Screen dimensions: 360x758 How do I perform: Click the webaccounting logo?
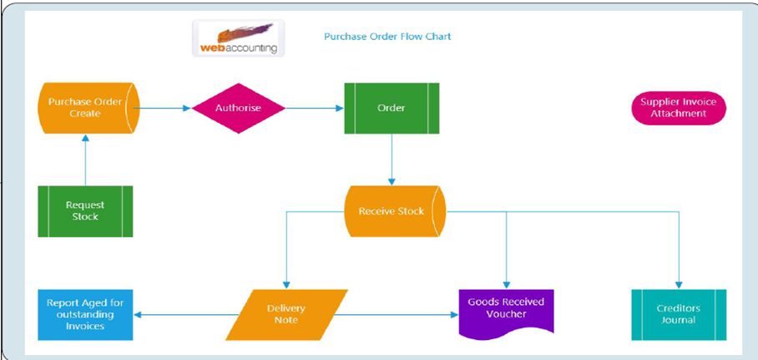[238, 38]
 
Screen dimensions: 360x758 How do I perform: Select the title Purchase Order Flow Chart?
[387, 37]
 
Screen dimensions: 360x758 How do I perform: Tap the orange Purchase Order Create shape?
[86, 108]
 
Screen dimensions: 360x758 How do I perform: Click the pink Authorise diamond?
[238, 108]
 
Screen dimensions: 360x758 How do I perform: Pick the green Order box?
[392, 108]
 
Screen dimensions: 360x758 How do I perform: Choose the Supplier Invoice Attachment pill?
[679, 108]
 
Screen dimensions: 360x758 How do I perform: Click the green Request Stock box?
[85, 210]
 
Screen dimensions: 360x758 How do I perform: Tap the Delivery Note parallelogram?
[286, 314]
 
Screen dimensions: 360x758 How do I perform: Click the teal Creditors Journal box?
[678, 314]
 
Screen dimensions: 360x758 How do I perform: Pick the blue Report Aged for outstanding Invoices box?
[85, 314]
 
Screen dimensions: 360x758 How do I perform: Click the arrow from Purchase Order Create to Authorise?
[165, 108]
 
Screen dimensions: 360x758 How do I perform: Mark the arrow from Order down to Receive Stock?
[392, 159]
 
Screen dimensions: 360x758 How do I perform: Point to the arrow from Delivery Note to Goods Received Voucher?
[397, 315]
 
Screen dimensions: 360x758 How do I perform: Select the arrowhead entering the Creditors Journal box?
[678, 285]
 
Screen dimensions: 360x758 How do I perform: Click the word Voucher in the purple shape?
[507, 314]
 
